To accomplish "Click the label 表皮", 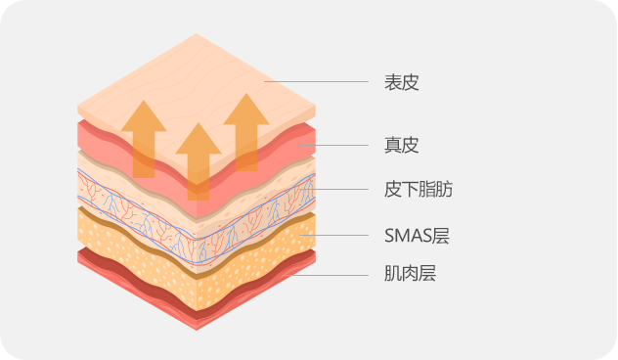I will pos(401,82).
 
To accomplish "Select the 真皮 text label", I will pos(401,146).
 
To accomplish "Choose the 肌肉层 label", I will pos(409,274).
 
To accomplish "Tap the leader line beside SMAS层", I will pos(337,235).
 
